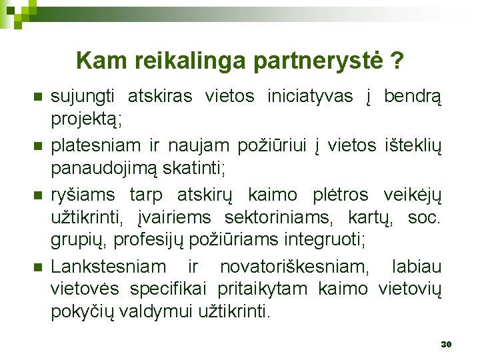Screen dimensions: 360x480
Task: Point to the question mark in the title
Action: pos(397,61)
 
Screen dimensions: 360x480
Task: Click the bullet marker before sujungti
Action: pos(37,97)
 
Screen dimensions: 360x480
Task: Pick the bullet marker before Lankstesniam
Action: pos(37,267)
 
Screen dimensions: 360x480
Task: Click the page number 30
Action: pos(446,344)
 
